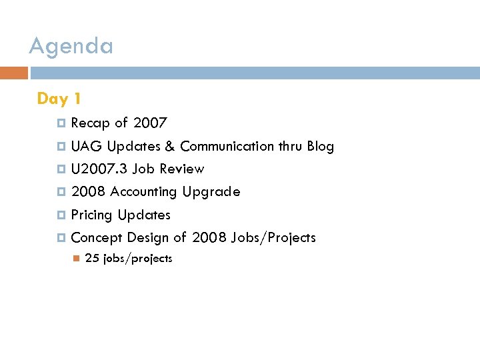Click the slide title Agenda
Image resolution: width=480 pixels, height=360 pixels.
point(71,46)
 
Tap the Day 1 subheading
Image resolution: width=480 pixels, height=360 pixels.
point(59,99)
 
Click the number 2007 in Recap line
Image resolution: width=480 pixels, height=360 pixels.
point(150,123)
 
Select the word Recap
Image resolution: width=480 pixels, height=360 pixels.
point(90,123)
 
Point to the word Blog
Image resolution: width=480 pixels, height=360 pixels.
point(320,146)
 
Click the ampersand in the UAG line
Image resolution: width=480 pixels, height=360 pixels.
point(171,146)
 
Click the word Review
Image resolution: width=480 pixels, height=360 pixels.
point(182,169)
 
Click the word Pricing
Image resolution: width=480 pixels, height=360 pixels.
point(91,215)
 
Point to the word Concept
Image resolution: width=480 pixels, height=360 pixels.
point(96,238)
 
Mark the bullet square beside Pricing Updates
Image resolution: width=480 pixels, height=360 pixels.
point(61,215)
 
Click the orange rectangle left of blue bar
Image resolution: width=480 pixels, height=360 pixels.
point(14,73)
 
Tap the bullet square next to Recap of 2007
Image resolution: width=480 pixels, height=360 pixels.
point(61,123)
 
